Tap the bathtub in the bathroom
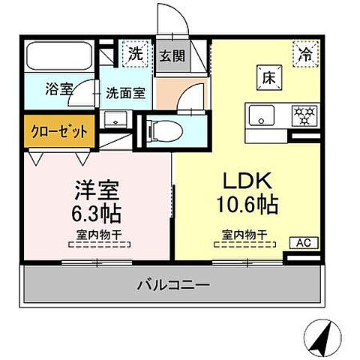(x=58, y=57)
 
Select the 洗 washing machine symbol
(x=135, y=53)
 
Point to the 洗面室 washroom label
(x=125, y=95)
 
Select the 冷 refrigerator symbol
(x=304, y=53)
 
